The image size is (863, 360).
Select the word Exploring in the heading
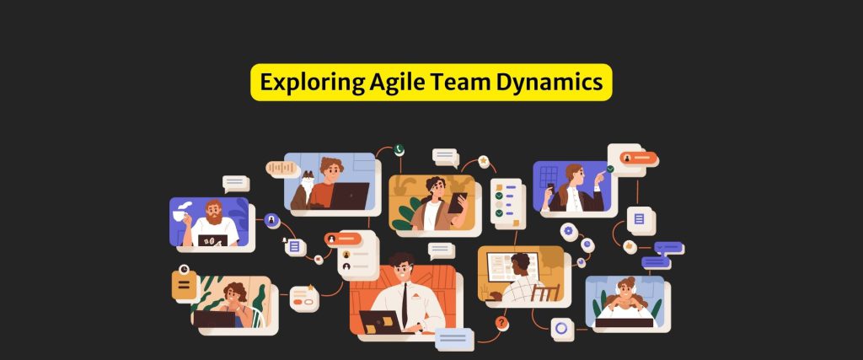(312, 83)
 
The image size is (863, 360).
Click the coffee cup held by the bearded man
(180, 216)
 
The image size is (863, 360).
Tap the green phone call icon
(399, 150)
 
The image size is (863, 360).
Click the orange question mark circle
(501, 323)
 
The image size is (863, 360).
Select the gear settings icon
(567, 231)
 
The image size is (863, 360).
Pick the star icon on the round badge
(483, 161)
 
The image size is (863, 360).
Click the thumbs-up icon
(630, 247)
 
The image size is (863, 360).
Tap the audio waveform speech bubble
(283, 169)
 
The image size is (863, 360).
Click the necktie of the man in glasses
(405, 305)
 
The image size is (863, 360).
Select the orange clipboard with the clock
(184, 285)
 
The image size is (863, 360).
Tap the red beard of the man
(213, 218)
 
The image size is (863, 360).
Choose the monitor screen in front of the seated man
(512, 267)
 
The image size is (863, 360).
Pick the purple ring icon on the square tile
(561, 329)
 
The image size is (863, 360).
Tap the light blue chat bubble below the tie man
(454, 339)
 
